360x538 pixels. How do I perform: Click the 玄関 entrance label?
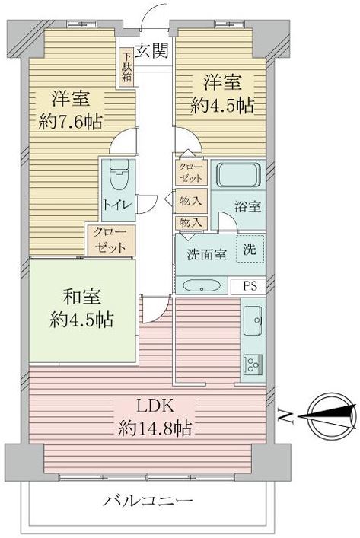pos(151,51)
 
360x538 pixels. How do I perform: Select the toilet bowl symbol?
pos(119,174)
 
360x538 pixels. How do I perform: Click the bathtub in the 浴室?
pos(238,175)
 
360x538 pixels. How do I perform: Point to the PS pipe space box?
pos(249,286)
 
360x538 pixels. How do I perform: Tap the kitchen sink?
pos(253,320)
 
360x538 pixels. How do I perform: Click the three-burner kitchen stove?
pos(253,365)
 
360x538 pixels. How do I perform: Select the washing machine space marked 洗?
pos(250,249)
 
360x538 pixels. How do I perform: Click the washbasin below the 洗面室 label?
pos(202,285)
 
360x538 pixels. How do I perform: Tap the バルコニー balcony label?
pos(148,501)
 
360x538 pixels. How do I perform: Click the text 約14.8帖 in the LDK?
pos(155,428)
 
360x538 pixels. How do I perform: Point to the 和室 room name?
pos(81,297)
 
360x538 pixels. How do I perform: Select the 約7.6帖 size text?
pos(70,122)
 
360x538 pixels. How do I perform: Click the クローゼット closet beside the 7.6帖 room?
pos(111,240)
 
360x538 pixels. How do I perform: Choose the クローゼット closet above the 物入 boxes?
pos(191,173)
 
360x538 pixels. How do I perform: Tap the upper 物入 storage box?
pos(191,201)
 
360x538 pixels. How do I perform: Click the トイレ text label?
pos(118,205)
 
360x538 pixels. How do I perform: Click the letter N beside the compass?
pos(285,415)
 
